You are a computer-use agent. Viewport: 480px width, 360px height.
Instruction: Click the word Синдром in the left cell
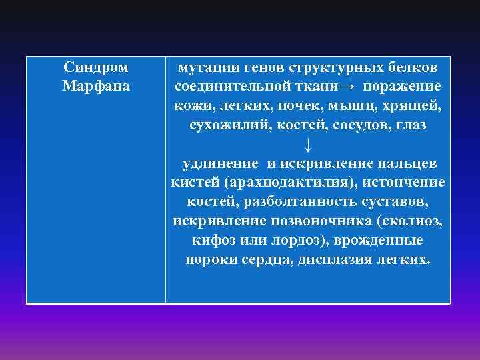coord(96,67)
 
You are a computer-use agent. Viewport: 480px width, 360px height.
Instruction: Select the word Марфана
coord(96,87)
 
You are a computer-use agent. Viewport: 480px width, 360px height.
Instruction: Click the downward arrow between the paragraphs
coord(307,145)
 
